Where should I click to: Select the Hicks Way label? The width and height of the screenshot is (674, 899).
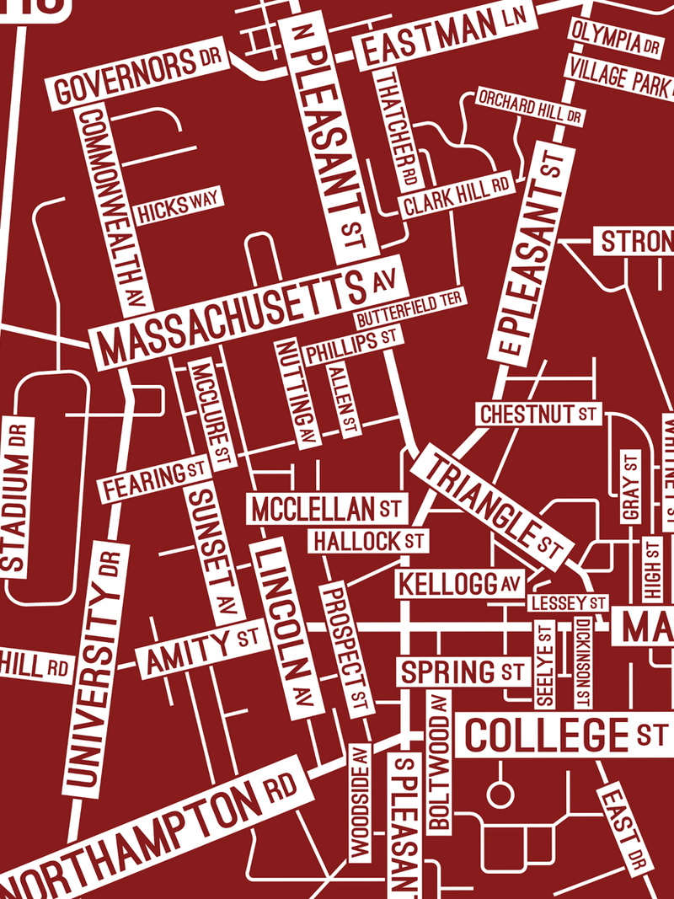coord(176,207)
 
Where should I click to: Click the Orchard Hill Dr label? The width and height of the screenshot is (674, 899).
coord(530,106)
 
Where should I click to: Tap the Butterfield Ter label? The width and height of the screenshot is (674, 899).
coord(409,309)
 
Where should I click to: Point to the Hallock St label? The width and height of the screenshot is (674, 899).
coord(366,540)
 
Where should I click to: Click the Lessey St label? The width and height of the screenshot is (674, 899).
coord(568,603)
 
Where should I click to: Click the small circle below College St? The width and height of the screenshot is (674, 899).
coord(500,794)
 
